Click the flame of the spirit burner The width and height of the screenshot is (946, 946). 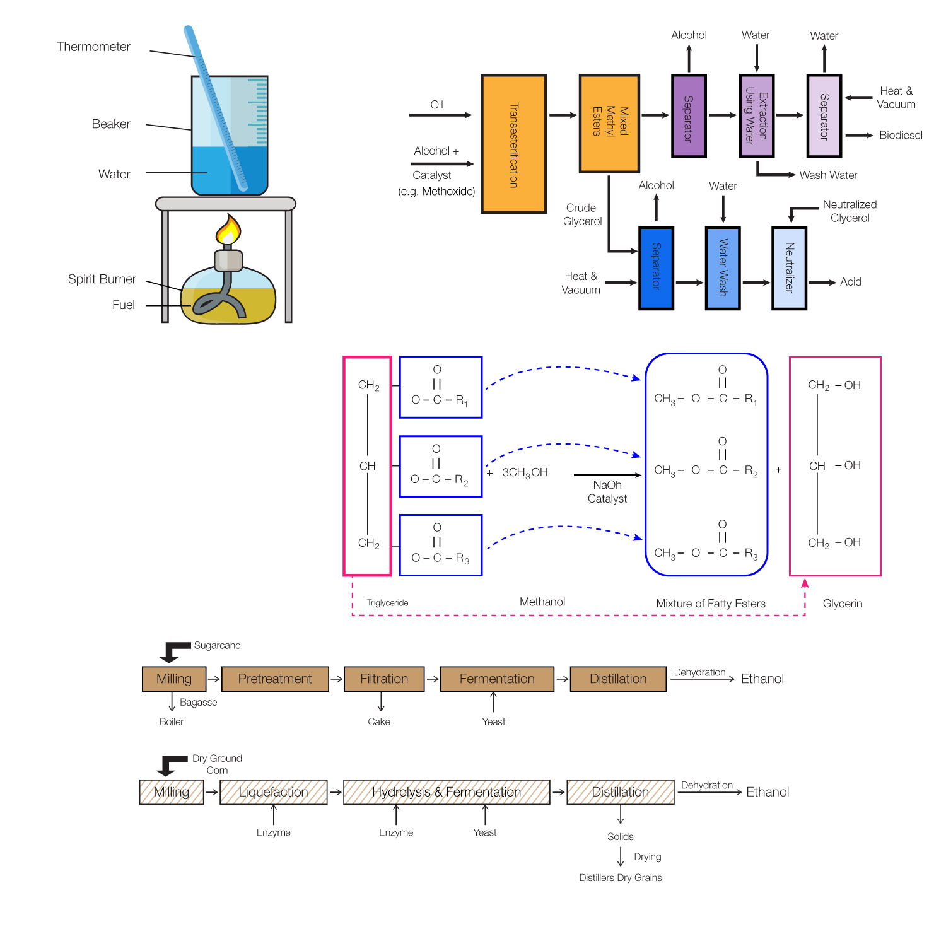pos(228,231)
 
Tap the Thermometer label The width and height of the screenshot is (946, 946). pos(93,47)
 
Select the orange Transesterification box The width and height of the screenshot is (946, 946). pos(513,144)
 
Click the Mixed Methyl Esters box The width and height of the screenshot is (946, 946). pos(609,123)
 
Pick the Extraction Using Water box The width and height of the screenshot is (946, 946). pos(756,115)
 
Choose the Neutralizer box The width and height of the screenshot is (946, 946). pos(789,268)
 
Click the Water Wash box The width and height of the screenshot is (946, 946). pos(722,268)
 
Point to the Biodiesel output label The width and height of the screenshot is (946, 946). pos(901,135)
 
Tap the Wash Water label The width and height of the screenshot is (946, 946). pos(828,175)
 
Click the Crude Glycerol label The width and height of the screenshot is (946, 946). pos(582,214)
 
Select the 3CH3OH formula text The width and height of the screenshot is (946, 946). pos(525,472)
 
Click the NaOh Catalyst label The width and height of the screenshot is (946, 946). pos(607,492)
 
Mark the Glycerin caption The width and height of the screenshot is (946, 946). pos(842,604)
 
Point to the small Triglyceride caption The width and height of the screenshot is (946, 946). pos(387,603)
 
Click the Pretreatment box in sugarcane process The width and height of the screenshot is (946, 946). pos(275,679)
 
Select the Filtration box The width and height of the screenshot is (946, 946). pos(384,679)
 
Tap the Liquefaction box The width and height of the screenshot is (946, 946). pos(274,792)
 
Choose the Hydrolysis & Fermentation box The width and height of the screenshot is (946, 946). pos(447,792)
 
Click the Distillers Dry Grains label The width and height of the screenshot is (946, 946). pos(621,878)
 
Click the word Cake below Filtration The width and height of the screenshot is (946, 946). pos(379,721)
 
